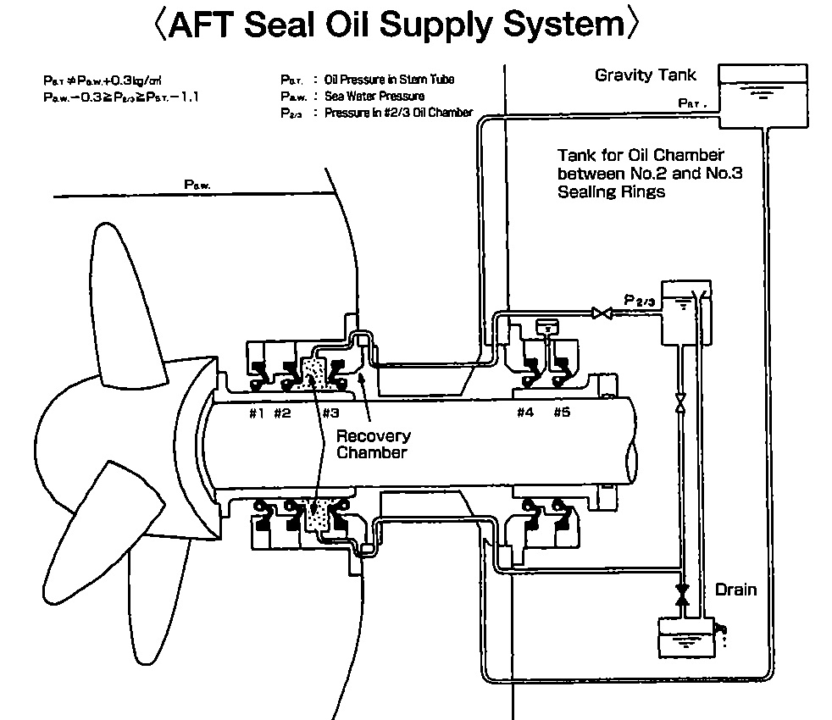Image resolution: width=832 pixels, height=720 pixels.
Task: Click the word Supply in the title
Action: coord(448,25)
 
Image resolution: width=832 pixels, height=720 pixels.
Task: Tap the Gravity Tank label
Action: coord(645,75)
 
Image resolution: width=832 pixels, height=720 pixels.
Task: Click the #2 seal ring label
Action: coord(282,413)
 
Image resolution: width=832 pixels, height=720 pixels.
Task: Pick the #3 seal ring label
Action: coord(330,413)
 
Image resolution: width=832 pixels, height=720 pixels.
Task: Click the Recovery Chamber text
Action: coord(374,444)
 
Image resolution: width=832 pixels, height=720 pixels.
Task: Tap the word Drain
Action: coord(735,589)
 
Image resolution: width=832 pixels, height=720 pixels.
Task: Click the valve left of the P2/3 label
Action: coord(602,313)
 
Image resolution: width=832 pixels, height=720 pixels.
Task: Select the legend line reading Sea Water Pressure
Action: coord(374,97)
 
